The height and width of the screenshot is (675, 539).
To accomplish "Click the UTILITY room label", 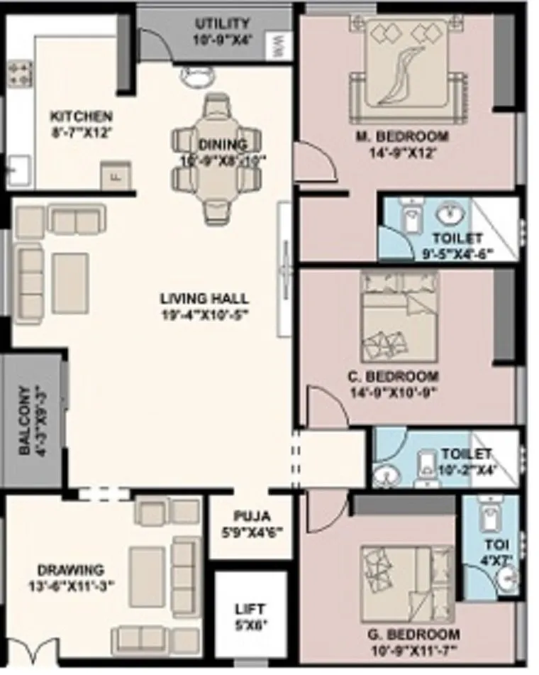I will click(222, 24).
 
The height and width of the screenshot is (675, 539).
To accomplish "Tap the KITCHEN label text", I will click(81, 116).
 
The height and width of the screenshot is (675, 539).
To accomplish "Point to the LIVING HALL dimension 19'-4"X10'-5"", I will click(204, 313).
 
